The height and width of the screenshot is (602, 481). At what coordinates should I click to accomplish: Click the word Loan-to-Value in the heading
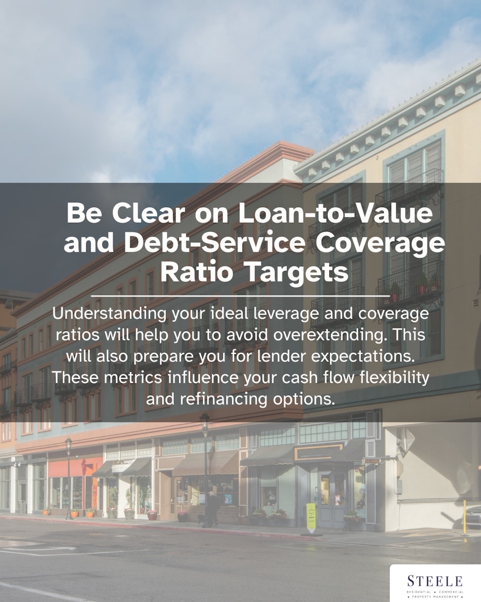tap(335, 213)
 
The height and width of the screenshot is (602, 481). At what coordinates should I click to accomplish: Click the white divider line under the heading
tap(241, 295)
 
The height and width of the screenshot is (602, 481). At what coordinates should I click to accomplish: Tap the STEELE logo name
tap(434, 581)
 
